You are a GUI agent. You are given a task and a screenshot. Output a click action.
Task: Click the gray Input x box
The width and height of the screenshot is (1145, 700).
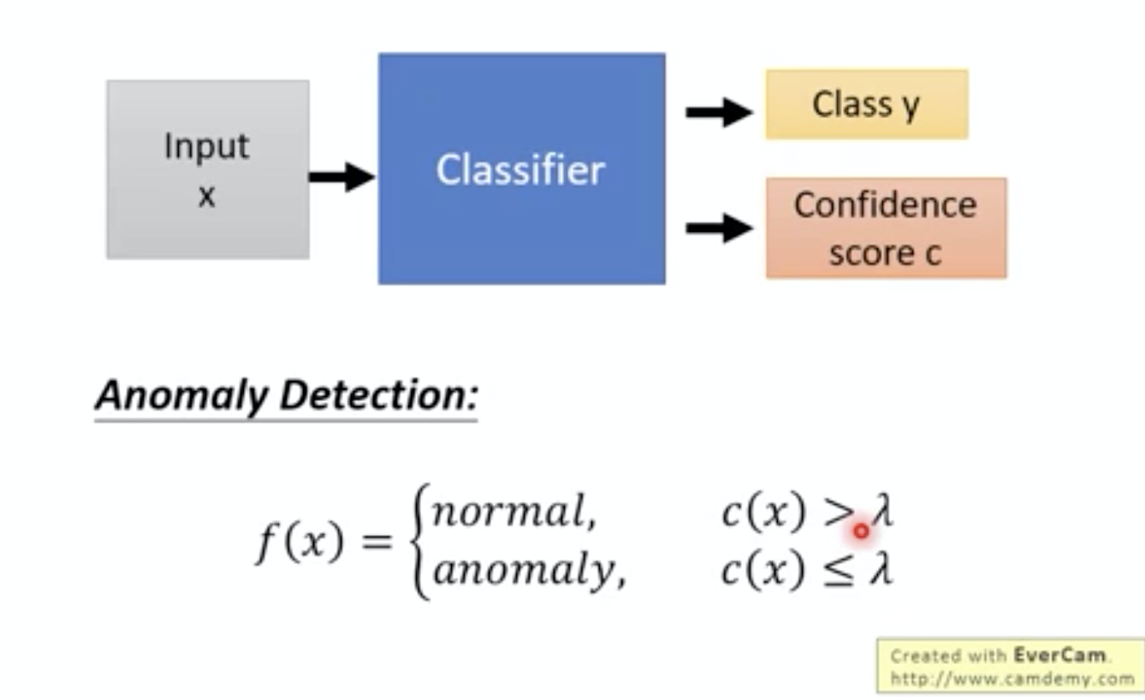[207, 169]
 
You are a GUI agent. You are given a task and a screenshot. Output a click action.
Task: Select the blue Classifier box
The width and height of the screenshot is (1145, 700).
[521, 169]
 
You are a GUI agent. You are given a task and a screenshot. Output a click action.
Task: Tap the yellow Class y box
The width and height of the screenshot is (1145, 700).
[866, 104]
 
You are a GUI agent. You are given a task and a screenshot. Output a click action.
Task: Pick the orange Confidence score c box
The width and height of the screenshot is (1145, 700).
[885, 228]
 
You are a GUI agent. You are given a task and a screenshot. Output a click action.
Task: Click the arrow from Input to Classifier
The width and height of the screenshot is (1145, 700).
[341, 177]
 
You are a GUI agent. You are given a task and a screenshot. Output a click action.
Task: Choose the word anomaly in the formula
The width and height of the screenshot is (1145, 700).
[527, 571]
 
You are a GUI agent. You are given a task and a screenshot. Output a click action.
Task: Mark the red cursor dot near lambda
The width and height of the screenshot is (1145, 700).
[861, 531]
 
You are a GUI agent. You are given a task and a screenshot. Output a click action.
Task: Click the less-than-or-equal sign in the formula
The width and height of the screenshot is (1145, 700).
[839, 571]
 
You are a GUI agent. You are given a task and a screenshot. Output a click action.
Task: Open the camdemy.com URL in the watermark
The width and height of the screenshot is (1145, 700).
[1012, 679]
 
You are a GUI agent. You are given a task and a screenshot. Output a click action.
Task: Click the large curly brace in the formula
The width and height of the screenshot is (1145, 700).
[419, 541]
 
